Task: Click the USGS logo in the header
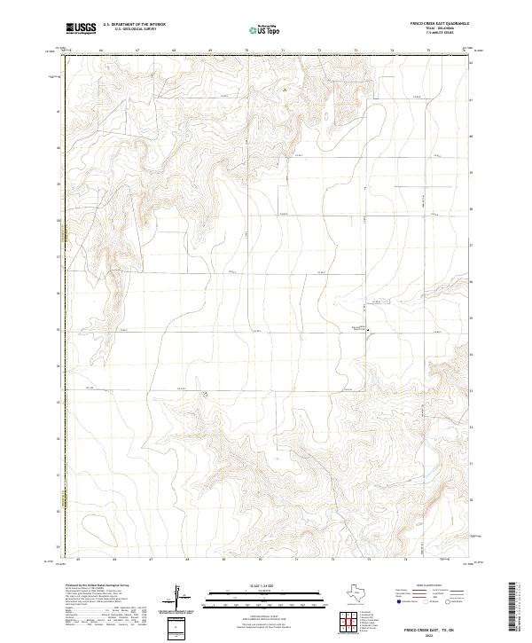coord(80,28)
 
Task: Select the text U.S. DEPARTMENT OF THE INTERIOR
coord(134,25)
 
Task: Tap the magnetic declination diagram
coord(176,598)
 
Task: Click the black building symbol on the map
coord(369,332)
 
